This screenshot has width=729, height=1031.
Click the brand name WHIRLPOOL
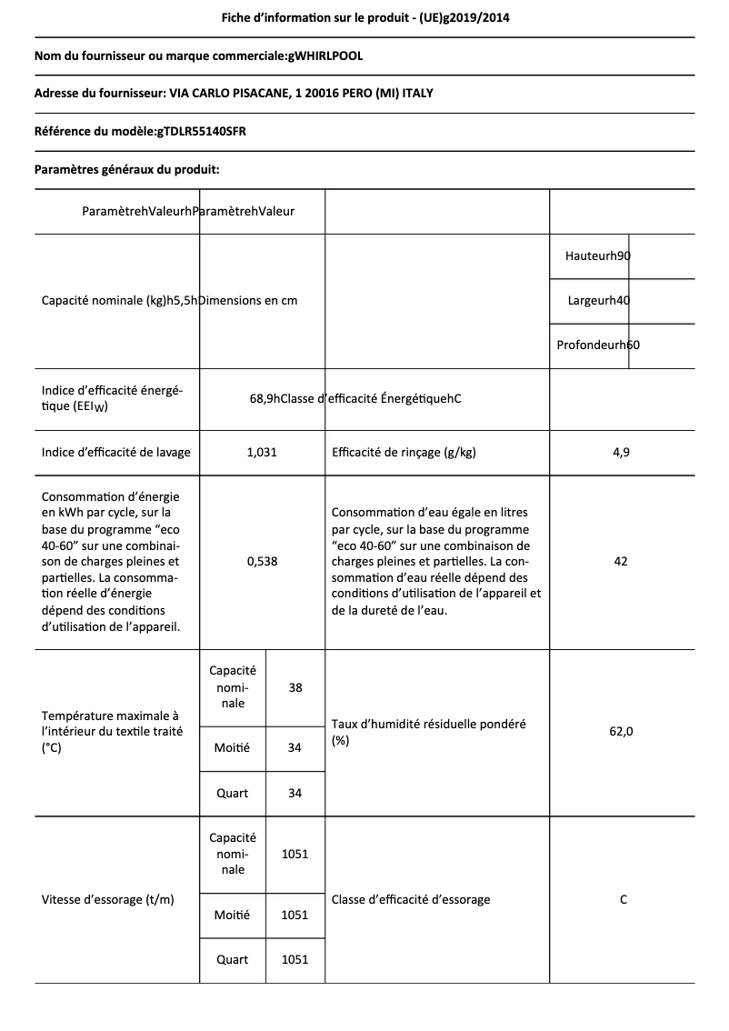click(x=325, y=56)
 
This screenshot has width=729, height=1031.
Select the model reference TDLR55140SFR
click(x=201, y=131)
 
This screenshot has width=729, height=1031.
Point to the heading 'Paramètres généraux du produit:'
click(x=126, y=169)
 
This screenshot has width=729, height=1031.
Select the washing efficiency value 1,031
click(x=262, y=452)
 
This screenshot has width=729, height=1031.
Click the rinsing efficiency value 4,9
click(x=621, y=452)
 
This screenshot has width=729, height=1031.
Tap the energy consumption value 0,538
click(x=262, y=561)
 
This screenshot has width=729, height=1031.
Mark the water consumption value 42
click(x=621, y=561)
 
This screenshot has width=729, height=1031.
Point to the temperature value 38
click(x=295, y=687)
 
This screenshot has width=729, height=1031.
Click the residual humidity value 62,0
click(x=621, y=732)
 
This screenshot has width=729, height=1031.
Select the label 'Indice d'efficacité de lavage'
click(x=116, y=452)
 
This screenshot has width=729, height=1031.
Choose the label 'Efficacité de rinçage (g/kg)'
click(x=404, y=452)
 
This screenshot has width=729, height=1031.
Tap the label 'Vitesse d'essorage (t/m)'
click(x=108, y=899)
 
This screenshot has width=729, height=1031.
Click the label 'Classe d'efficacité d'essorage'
click(x=411, y=899)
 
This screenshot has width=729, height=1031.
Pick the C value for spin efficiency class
click(x=623, y=899)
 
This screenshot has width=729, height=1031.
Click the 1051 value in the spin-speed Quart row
click(x=295, y=959)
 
